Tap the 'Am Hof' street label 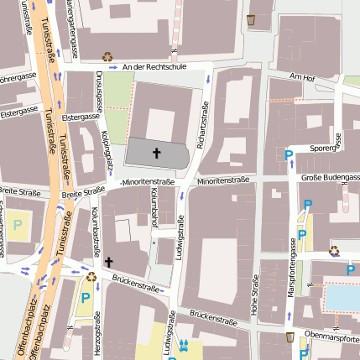300,77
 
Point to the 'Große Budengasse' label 330,177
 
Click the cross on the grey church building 156,153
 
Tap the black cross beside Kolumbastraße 108,262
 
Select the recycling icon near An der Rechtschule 107,57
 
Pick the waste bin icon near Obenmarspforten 290,337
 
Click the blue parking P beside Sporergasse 289,154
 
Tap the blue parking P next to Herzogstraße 85,297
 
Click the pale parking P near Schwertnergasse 17,225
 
